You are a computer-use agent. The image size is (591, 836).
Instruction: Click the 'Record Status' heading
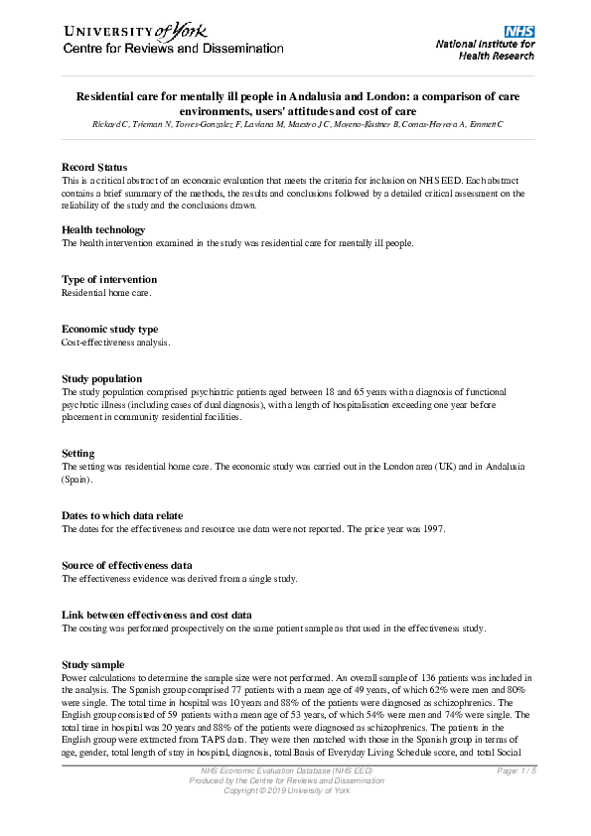point(94,166)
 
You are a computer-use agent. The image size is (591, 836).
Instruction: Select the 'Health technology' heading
point(103,229)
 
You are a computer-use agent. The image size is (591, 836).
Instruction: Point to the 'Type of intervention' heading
point(109,280)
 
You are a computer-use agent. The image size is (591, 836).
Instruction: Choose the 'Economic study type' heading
point(109,330)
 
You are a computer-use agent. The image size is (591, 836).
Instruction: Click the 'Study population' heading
point(101,379)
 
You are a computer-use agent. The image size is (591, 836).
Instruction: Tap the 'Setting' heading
point(79,453)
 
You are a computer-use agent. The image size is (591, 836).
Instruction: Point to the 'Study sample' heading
point(93,664)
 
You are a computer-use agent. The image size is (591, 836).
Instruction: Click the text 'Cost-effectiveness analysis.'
point(116,343)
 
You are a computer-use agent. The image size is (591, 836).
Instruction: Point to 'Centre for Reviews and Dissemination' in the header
point(173,49)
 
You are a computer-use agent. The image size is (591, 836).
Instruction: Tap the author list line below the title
point(295,124)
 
